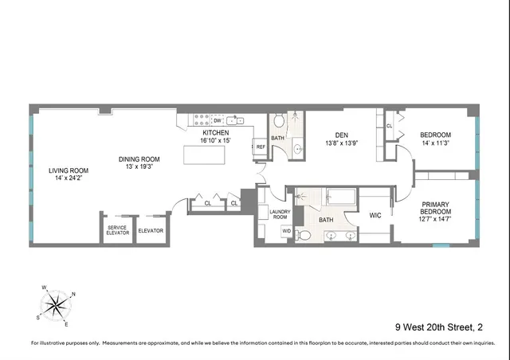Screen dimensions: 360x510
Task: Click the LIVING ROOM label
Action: tap(68, 170)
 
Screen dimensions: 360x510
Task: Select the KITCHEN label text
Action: tap(215, 132)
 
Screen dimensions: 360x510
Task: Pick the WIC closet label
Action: tap(376, 215)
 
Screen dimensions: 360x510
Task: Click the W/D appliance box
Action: tap(285, 232)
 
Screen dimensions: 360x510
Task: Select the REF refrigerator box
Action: tap(260, 147)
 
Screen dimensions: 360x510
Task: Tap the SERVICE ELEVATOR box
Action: tap(117, 230)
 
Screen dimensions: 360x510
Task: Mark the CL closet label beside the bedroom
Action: tap(390, 126)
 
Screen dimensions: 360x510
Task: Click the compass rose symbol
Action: tap(57, 304)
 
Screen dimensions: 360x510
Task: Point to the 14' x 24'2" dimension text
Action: tap(68, 179)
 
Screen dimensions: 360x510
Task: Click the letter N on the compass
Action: tap(73, 294)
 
